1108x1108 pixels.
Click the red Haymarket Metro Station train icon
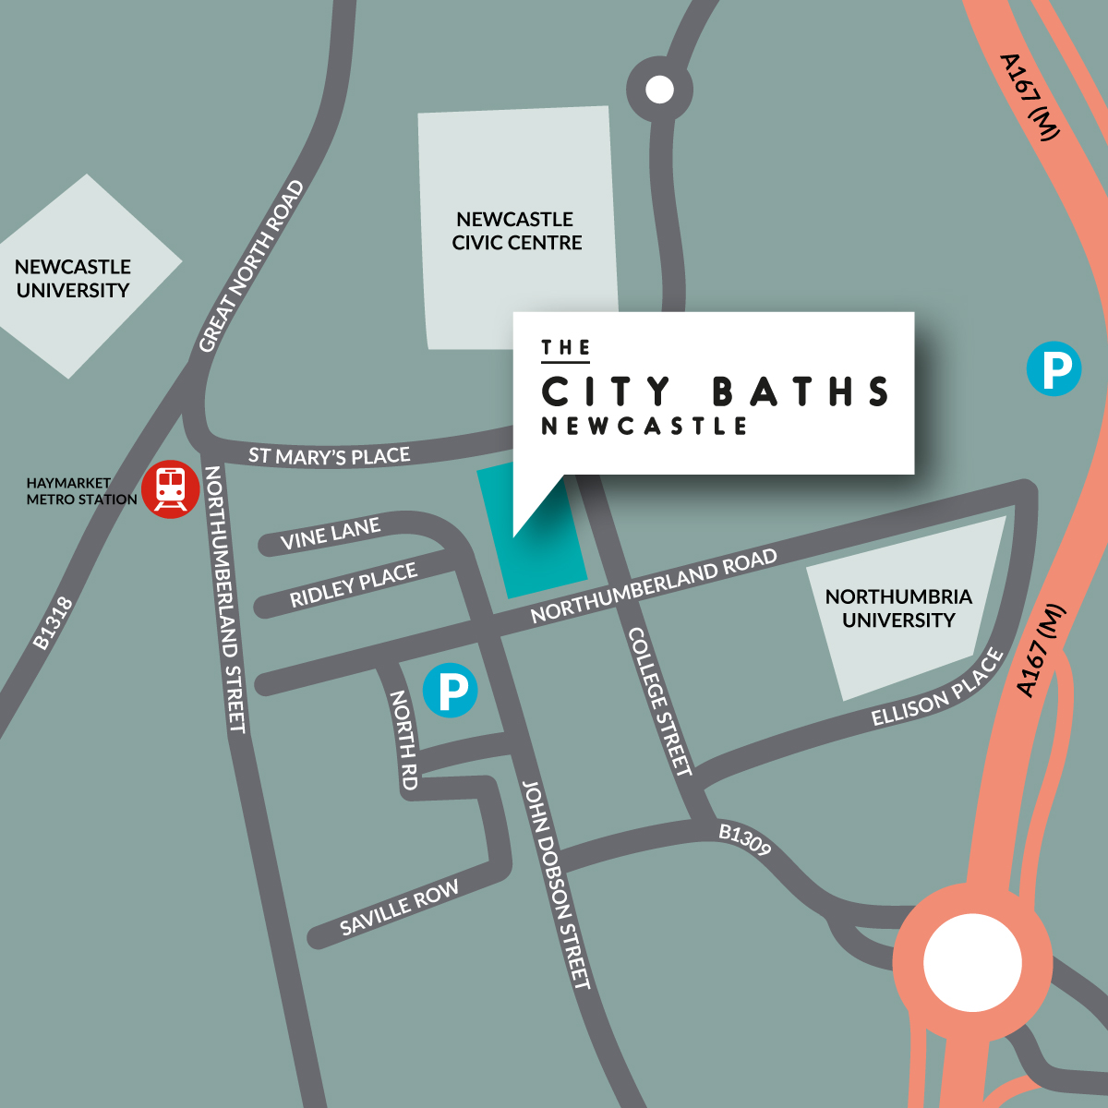click(x=171, y=488)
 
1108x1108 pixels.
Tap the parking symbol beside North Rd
click(x=450, y=691)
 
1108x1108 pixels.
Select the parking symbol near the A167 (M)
click(x=1054, y=369)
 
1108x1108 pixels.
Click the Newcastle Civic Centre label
click(x=516, y=231)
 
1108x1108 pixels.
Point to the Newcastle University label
click(x=73, y=278)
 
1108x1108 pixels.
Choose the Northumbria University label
click(x=898, y=608)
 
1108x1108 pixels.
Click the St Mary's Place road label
click(x=329, y=456)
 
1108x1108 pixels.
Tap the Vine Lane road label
click(x=331, y=535)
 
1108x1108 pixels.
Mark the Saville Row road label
click(x=399, y=909)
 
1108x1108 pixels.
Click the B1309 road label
click(x=744, y=839)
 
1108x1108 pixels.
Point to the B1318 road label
click(x=53, y=624)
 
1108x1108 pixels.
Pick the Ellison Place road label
click(x=937, y=690)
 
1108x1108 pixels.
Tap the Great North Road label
click(x=251, y=266)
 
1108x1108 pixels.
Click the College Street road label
click(x=659, y=702)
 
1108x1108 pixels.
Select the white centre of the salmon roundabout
click(x=972, y=962)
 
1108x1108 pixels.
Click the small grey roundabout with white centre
click(x=659, y=90)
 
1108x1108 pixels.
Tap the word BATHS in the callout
click(x=801, y=392)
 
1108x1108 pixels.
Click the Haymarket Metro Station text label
click(x=81, y=491)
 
